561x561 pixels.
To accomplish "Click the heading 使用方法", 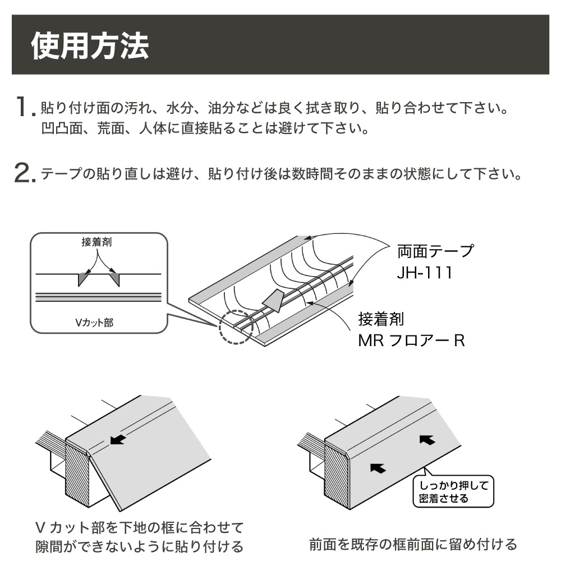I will (90, 45).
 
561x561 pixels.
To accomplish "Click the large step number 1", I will (22, 105).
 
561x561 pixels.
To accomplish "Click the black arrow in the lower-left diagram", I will (117, 439).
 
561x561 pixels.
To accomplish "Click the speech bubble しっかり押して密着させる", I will (454, 491).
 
